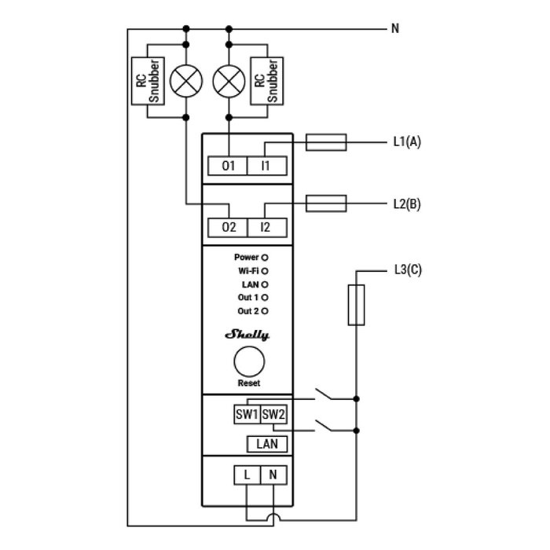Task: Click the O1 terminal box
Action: [229, 166]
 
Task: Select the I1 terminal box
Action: [266, 166]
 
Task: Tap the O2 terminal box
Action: [229, 227]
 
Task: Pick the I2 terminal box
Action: [266, 227]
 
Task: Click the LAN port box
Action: [267, 444]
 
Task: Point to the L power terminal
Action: [247, 475]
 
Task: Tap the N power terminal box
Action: [273, 475]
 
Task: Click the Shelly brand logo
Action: [247, 335]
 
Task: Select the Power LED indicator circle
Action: [265, 257]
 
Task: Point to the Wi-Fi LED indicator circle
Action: [265, 270]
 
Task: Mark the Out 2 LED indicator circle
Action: [265, 311]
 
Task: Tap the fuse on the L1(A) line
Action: [324, 142]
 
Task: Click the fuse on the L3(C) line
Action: [356, 305]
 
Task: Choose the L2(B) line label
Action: [406, 203]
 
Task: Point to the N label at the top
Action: [395, 29]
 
